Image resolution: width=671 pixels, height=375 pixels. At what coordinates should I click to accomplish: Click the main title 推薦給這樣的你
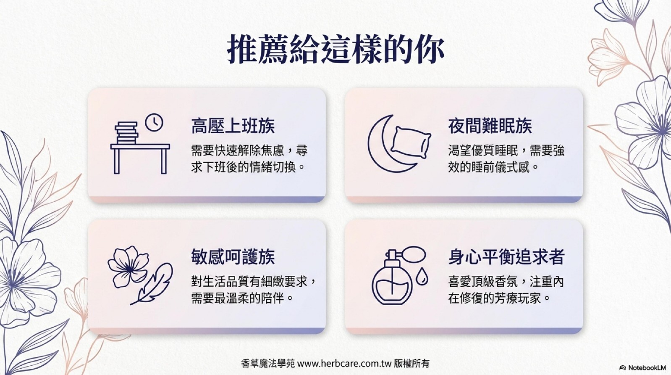tap(335, 49)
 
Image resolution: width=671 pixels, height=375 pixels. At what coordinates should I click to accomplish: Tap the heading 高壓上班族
tap(233, 126)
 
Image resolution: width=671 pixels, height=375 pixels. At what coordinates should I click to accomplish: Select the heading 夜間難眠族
tap(490, 126)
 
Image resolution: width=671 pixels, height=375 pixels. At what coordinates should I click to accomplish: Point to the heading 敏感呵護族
tap(233, 256)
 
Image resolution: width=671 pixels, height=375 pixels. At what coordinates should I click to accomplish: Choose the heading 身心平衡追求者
tap(506, 256)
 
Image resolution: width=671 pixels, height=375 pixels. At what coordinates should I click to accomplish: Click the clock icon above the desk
tap(154, 122)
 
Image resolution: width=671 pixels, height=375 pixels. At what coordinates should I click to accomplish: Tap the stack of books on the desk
tap(126, 133)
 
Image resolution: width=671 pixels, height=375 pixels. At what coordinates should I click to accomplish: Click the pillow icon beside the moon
tap(411, 143)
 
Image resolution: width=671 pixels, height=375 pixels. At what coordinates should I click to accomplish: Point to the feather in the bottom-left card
tap(153, 283)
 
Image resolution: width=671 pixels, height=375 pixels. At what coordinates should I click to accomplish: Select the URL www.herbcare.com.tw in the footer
tap(345, 364)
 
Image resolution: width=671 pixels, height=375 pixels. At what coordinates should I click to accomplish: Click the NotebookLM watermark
tap(642, 367)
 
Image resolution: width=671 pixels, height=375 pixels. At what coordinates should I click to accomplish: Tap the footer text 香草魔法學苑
tap(268, 364)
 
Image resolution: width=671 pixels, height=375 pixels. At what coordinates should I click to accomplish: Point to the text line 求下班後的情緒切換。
tap(248, 167)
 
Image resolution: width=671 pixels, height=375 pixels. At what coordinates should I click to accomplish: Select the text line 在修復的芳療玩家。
tap(499, 298)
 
